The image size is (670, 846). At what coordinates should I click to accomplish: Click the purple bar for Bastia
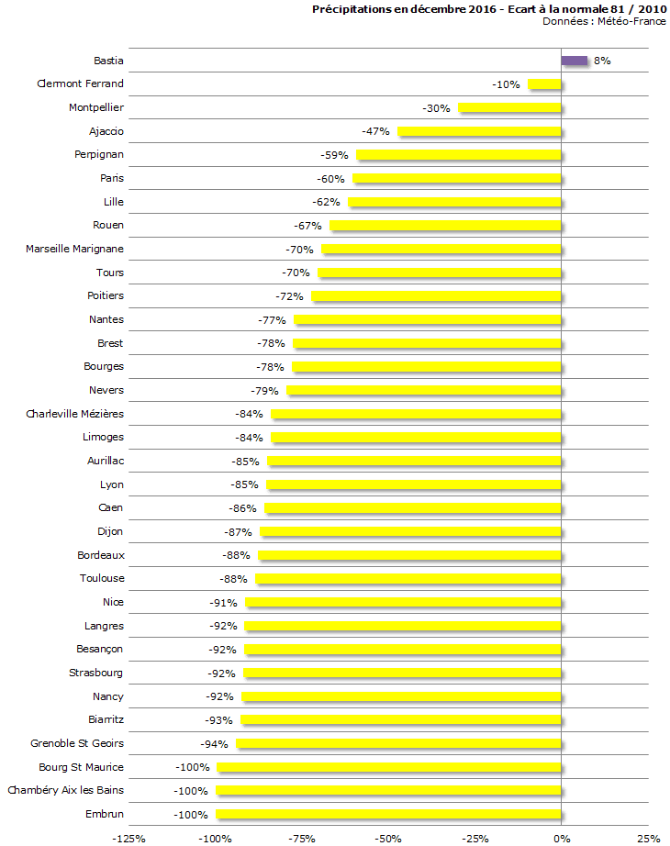pyautogui.click(x=575, y=61)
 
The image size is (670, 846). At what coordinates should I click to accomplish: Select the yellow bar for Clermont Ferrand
pyautogui.click(x=544, y=84)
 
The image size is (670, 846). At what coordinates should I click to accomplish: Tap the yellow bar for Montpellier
pyautogui.click(x=509, y=108)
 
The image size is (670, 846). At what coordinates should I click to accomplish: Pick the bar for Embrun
pyautogui.click(x=388, y=814)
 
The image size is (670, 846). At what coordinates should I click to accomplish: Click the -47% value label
pyautogui.click(x=376, y=131)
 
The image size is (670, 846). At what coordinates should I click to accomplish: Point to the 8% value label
pyautogui.click(x=602, y=61)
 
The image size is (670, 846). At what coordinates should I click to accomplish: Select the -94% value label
pyautogui.click(x=215, y=743)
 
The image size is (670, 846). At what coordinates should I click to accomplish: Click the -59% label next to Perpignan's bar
pyautogui.click(x=335, y=155)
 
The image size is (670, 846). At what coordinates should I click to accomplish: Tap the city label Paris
pyautogui.click(x=112, y=178)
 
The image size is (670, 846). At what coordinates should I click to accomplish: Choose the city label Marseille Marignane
pyautogui.click(x=74, y=249)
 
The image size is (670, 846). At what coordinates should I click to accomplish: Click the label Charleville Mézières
pyautogui.click(x=74, y=414)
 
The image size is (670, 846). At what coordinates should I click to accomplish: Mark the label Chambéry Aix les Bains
pyautogui.click(x=65, y=790)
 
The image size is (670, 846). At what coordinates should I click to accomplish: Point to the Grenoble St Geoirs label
pyautogui.click(x=77, y=743)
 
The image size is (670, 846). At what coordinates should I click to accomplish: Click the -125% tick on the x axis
pyautogui.click(x=128, y=838)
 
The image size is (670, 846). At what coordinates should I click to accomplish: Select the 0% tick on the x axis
pyautogui.click(x=561, y=838)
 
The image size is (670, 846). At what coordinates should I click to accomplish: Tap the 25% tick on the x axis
pyautogui.click(x=648, y=838)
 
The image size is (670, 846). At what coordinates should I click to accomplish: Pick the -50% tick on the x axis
pyautogui.click(x=388, y=838)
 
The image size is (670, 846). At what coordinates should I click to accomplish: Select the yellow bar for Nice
pyautogui.click(x=403, y=602)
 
